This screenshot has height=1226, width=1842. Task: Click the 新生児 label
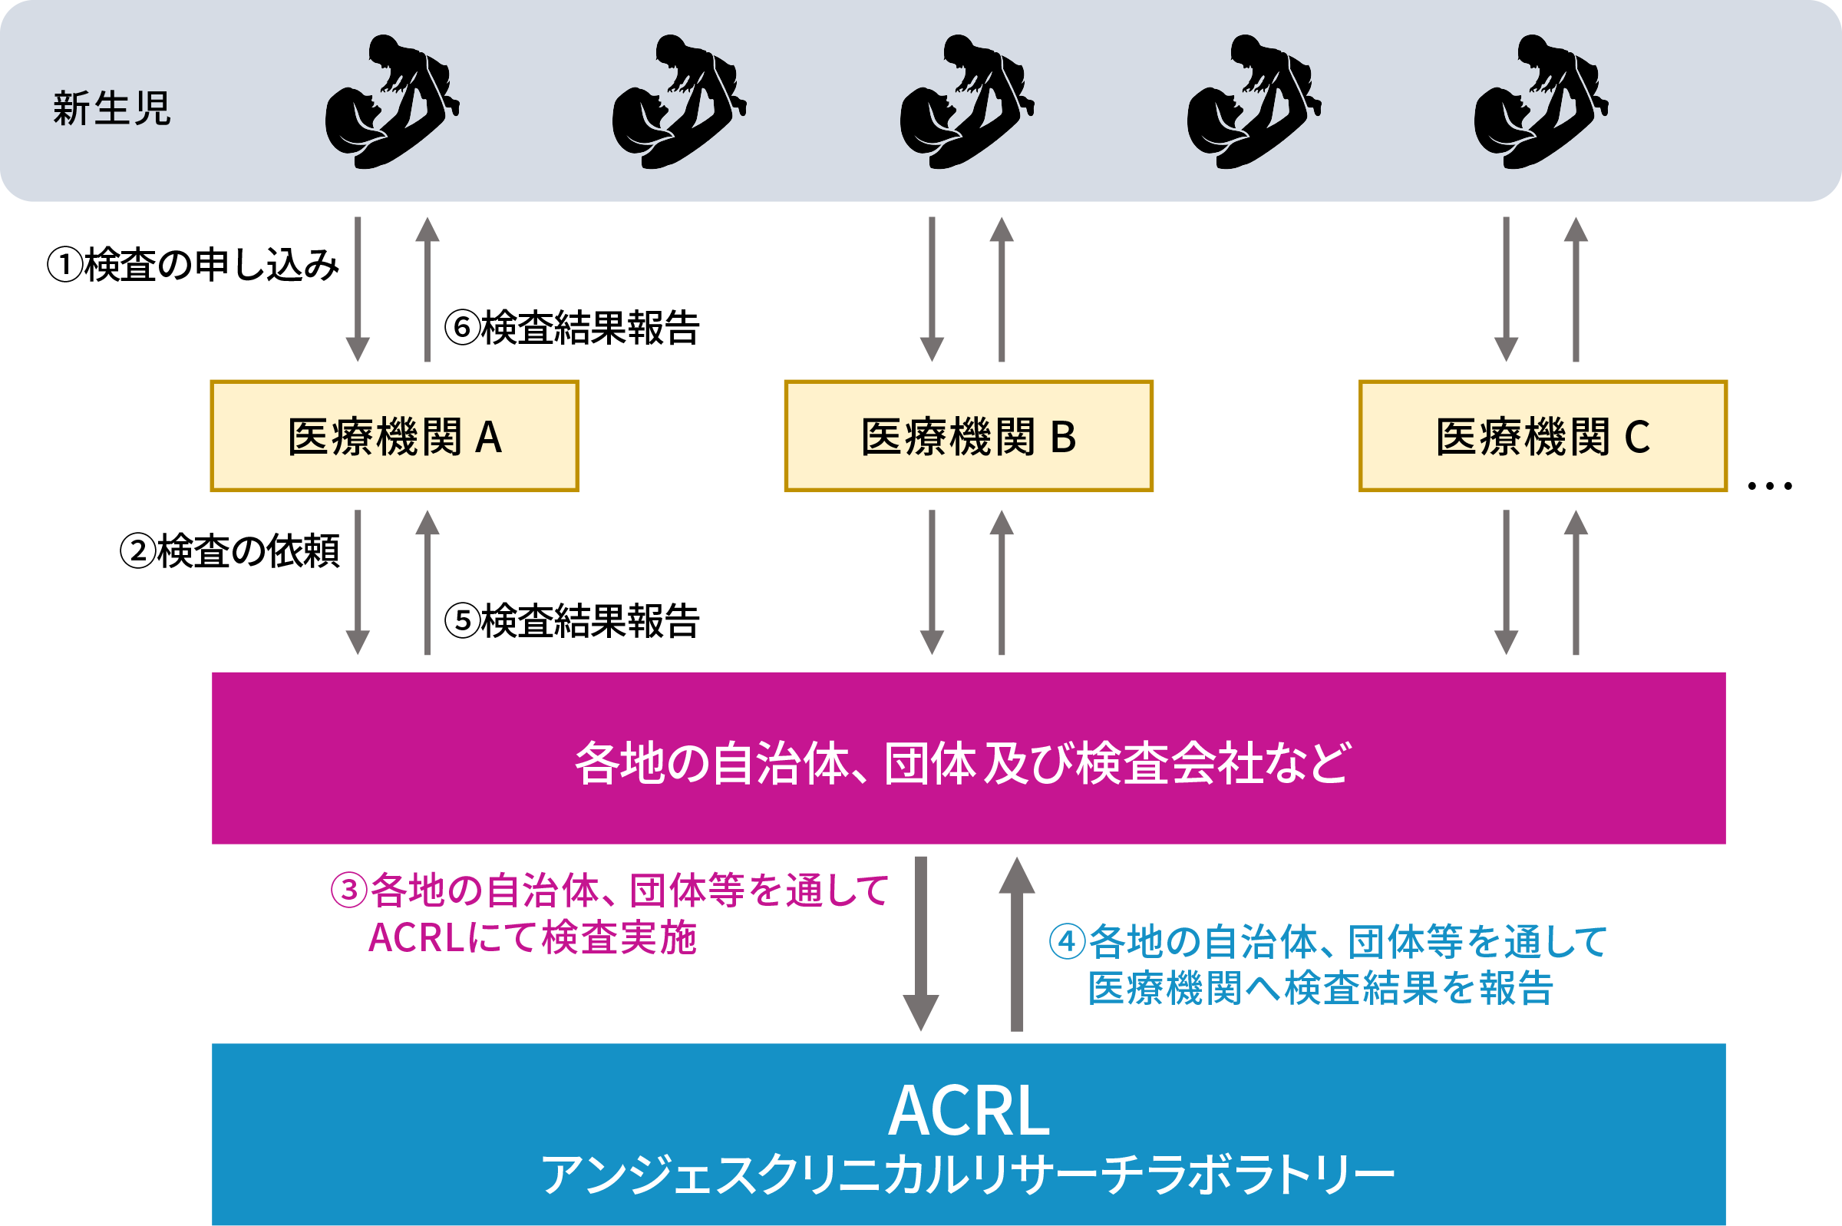coord(112,109)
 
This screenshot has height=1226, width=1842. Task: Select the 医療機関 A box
coord(394,436)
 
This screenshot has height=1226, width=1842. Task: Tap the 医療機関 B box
coord(969,436)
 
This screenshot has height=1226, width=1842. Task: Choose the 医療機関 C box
coord(1543,436)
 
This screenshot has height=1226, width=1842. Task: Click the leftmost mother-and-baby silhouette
coord(391,101)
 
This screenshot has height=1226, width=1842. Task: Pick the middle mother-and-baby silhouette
coord(966,101)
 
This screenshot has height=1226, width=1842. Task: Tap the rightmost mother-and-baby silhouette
coord(1540,101)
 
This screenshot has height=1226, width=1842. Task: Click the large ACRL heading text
coord(969,1111)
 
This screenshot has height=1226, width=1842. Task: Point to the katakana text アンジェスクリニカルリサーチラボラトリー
coord(969,1175)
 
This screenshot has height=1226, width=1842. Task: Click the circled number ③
coord(348,891)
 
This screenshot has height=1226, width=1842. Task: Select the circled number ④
coord(1067,942)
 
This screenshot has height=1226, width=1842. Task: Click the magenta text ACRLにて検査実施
coord(532,938)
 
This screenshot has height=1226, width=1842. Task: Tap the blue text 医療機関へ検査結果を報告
coord(1321,988)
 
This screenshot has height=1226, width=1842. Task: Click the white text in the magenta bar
coord(962,763)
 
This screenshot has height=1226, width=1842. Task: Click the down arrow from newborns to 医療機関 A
coord(358,289)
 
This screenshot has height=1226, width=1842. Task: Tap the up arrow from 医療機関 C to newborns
coord(1576,289)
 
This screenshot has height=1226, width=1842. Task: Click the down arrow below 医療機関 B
coord(932,583)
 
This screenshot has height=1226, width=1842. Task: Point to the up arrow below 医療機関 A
coord(427,583)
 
